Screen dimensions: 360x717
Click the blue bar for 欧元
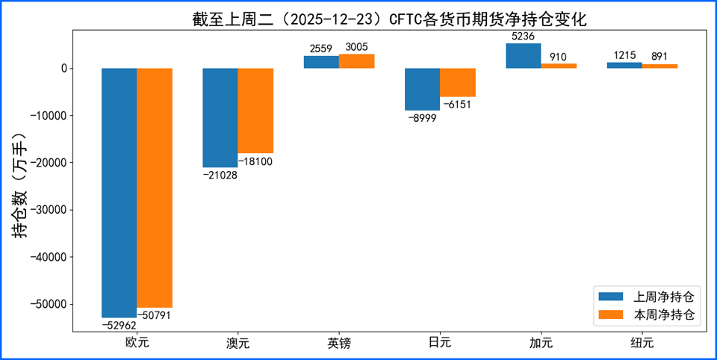(x=119, y=193)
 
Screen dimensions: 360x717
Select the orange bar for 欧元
(x=155, y=187)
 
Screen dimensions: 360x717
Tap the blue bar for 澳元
(x=220, y=117)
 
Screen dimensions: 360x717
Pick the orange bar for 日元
(x=458, y=83)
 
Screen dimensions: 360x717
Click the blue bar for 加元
(x=524, y=56)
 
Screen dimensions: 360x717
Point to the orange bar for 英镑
(x=356, y=61)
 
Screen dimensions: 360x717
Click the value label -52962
(x=119, y=325)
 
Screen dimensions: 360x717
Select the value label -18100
(x=255, y=161)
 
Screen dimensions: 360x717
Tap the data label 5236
(x=523, y=35)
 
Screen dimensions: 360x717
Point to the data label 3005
(x=356, y=46)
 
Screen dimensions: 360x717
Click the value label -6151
(x=457, y=105)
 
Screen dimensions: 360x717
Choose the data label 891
(x=659, y=56)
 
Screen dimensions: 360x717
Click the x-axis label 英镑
(x=339, y=344)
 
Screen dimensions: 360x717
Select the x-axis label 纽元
(x=642, y=344)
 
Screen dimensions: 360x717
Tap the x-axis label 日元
(x=440, y=344)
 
